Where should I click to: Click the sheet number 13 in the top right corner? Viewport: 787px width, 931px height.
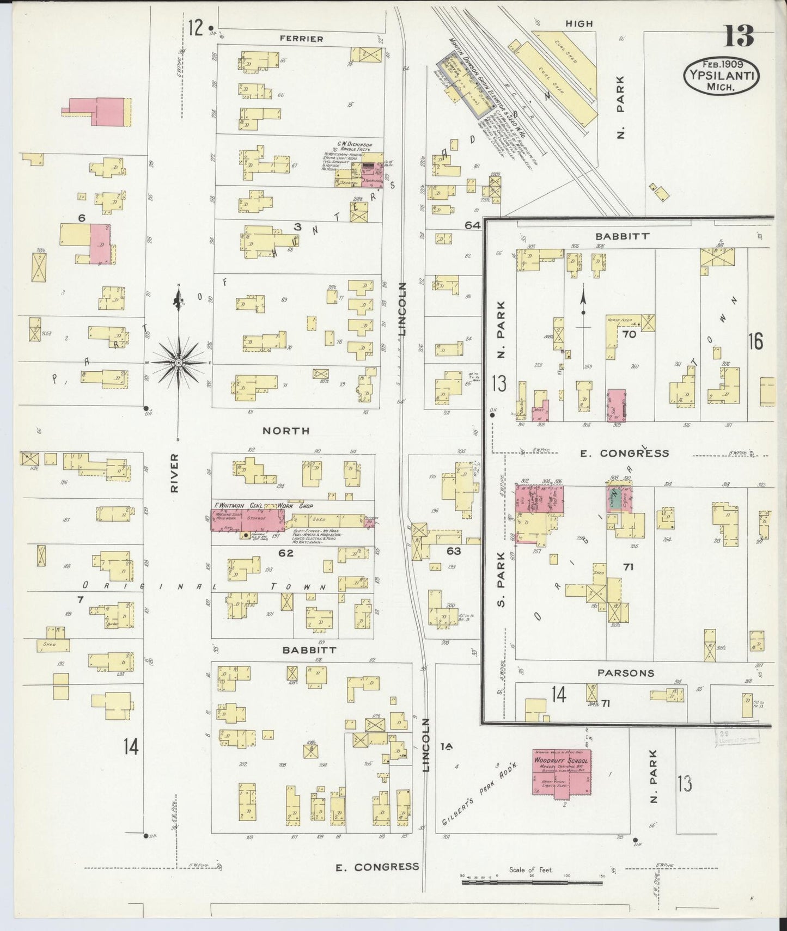tap(739, 36)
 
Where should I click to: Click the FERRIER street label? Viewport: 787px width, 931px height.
tap(301, 39)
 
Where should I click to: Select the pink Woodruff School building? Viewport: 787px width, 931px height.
tap(562, 773)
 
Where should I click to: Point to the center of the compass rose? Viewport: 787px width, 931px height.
tap(178, 362)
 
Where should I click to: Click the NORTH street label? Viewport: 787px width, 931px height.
tap(286, 431)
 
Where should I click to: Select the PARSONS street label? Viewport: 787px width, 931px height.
tap(625, 673)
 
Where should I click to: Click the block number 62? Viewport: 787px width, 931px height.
tap(286, 553)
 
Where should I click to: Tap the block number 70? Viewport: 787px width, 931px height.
tap(629, 334)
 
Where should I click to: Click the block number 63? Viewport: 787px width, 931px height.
tap(453, 551)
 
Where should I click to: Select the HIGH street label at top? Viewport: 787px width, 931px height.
tap(579, 24)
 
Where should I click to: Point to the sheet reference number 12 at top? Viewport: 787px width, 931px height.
tap(196, 27)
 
